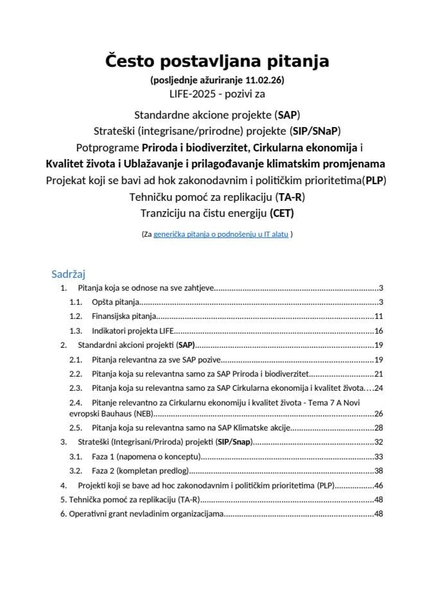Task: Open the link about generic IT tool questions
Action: pyautogui.click(x=221, y=235)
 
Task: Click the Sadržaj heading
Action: pyautogui.click(x=69, y=274)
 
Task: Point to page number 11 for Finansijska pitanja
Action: pyautogui.click(x=378, y=316)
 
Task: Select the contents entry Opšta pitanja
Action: pyautogui.click(x=115, y=302)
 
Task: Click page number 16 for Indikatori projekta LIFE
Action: pyautogui.click(x=378, y=331)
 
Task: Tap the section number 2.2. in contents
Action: pyautogui.click(x=76, y=373)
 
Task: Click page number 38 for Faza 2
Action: pyautogui.click(x=378, y=470)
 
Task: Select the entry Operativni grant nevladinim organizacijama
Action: pyautogui.click(x=146, y=513)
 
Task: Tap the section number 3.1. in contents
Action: pyautogui.click(x=76, y=456)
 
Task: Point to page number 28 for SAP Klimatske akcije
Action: pyautogui.click(x=378, y=427)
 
